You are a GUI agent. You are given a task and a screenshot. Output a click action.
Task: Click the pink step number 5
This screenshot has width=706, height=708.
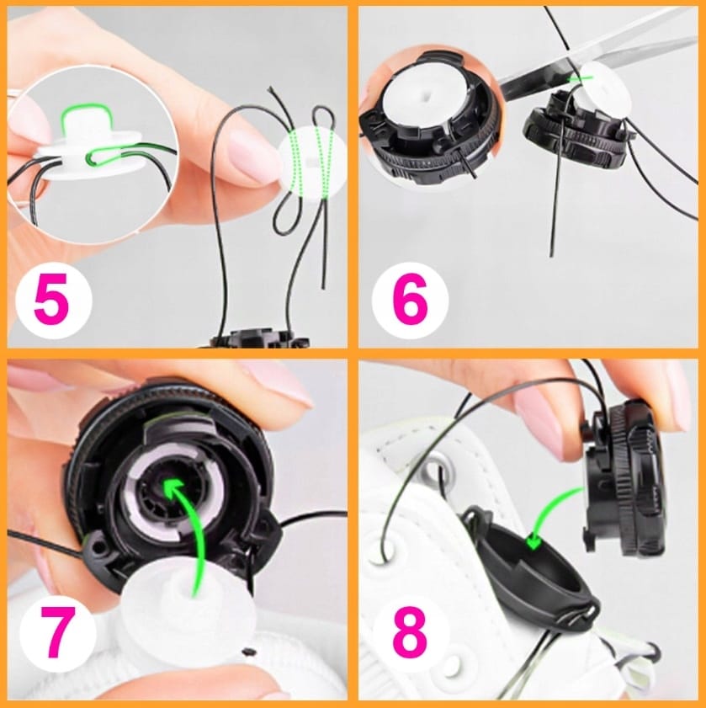coord(51,300)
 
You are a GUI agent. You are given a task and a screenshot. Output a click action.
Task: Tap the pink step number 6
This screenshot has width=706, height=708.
coord(410,300)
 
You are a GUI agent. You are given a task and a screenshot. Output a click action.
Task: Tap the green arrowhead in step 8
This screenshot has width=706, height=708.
coord(534,541)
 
